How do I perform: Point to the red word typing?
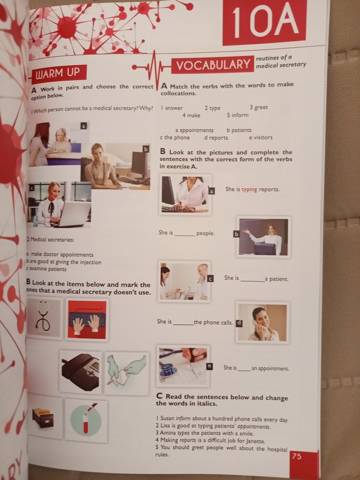(250, 189)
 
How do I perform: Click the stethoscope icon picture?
(45, 319)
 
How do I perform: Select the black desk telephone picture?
(80, 372)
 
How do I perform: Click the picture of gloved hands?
(127, 372)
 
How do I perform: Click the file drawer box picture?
(44, 418)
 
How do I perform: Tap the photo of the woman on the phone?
(263, 322)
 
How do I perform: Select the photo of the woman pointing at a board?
(264, 236)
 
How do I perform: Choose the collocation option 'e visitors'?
(261, 138)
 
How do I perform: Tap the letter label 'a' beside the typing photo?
(211, 191)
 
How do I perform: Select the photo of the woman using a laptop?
(60, 205)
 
